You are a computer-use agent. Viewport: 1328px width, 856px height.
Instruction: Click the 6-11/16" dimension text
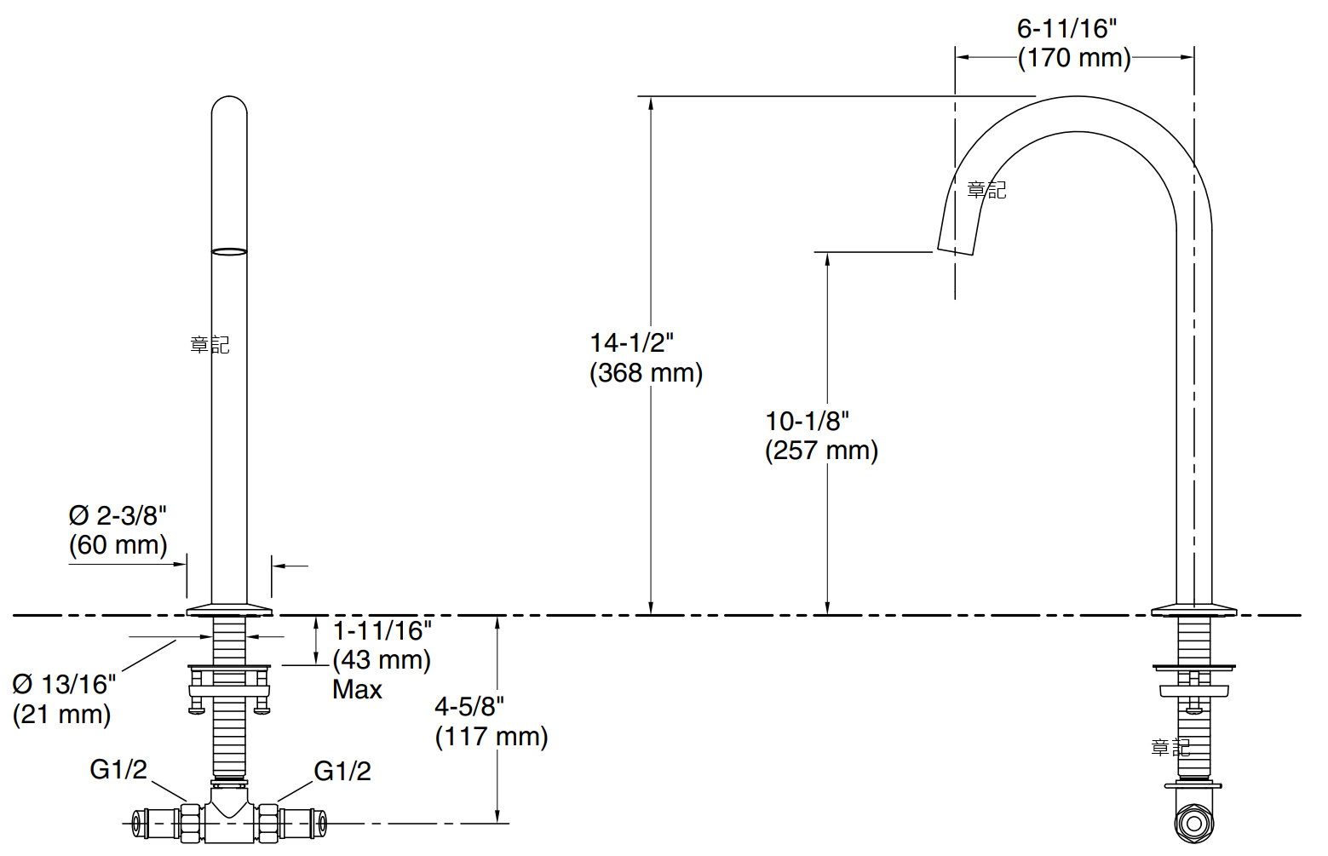[x=1066, y=29]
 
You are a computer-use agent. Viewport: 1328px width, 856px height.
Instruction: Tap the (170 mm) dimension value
[x=1074, y=58]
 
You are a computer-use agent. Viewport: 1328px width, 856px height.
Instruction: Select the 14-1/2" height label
[x=631, y=342]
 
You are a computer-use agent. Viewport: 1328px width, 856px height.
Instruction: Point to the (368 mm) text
[x=646, y=373]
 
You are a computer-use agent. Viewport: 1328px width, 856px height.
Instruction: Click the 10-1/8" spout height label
[x=807, y=421]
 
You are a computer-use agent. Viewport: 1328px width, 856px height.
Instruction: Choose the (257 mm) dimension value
[x=821, y=451]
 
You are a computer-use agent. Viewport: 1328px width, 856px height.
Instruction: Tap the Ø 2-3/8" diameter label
[x=118, y=515]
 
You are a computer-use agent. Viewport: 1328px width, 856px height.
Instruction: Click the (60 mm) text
[x=118, y=545]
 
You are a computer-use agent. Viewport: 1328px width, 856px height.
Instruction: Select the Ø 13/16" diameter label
[x=64, y=684]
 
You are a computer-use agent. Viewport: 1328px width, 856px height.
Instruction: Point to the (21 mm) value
[x=61, y=714]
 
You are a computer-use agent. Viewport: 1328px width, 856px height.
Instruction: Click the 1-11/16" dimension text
[x=382, y=631]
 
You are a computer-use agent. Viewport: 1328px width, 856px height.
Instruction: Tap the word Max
[x=357, y=690]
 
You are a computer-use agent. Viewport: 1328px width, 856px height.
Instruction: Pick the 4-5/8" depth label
[x=469, y=706]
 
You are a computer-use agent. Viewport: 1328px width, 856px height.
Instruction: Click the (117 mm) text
[x=491, y=737]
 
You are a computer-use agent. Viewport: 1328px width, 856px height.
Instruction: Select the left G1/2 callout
[x=118, y=770]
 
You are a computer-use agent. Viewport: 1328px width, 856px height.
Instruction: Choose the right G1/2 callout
[x=342, y=771]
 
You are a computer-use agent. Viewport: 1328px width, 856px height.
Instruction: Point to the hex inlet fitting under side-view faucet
[x=1193, y=824]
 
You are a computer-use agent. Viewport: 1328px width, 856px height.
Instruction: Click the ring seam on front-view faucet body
[x=229, y=251]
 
